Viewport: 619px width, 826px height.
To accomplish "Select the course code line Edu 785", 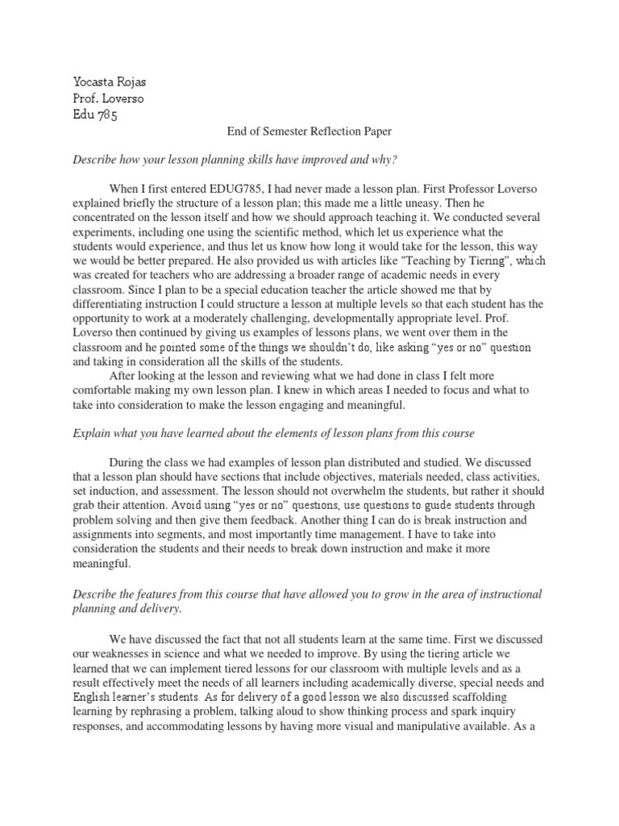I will point(95,115).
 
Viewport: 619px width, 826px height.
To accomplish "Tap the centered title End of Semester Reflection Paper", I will point(309,131).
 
